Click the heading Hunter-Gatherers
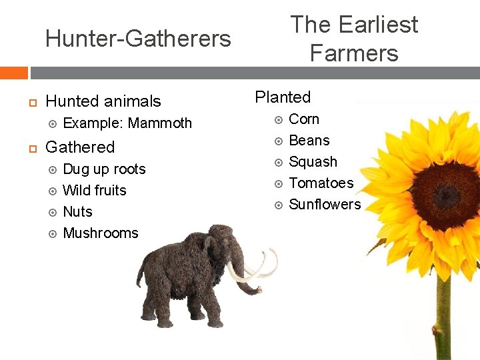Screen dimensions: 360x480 click(x=138, y=39)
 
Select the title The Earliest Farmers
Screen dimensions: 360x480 click(x=354, y=39)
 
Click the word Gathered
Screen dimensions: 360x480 click(x=80, y=147)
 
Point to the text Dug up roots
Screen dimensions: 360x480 click(x=104, y=169)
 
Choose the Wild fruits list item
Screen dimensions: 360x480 click(x=94, y=191)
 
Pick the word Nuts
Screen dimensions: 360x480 click(x=77, y=212)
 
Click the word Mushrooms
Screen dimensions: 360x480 click(x=100, y=233)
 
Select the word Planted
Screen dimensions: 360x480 click(x=283, y=97)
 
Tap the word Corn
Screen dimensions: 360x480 click(x=304, y=119)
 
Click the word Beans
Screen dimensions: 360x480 click(x=309, y=141)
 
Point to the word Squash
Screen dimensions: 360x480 click(x=313, y=162)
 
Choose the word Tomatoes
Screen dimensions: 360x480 click(x=321, y=183)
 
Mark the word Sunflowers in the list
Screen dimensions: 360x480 click(x=325, y=205)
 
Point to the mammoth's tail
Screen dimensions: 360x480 click(x=139, y=280)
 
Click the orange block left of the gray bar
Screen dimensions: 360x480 click(x=13, y=73)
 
